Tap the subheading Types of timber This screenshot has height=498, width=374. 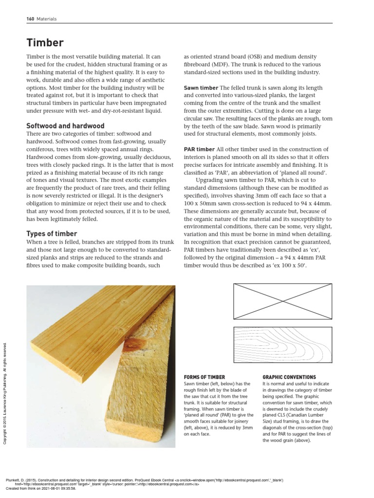[52, 234]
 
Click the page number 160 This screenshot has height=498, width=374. [30, 19]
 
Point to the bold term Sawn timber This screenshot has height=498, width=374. [201, 88]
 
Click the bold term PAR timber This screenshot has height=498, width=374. [199, 149]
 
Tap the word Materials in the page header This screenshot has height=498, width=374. [47, 19]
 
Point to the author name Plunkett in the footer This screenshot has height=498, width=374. [15, 480]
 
